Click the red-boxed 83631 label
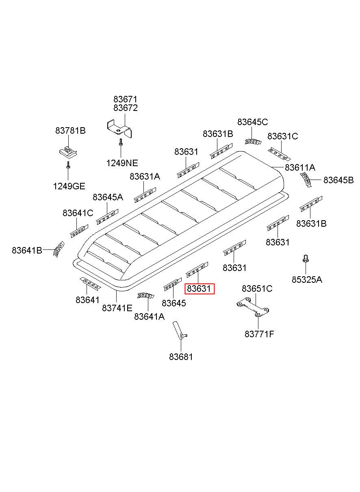point(199,289)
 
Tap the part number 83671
point(126,99)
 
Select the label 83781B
point(70,130)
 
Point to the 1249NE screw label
point(122,163)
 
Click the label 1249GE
point(69,186)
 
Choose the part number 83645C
point(253,122)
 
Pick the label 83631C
point(282,137)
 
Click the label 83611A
point(300,167)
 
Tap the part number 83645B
point(338,180)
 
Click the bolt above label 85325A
point(305,258)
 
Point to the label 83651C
point(257,288)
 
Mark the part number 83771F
point(259,334)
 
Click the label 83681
point(181,357)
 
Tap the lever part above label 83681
point(178,329)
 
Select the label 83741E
point(117,308)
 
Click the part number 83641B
point(27,250)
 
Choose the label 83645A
point(108,197)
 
